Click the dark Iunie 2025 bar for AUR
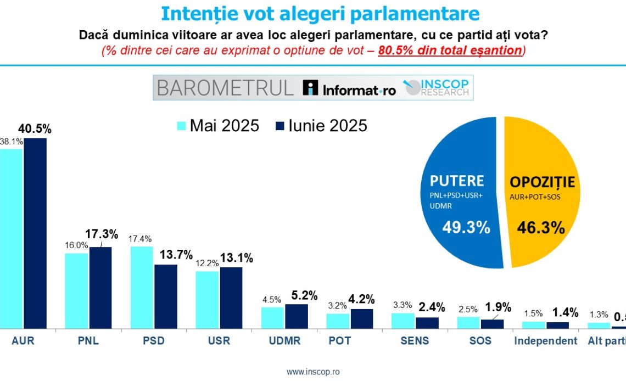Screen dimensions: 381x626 point(35,233)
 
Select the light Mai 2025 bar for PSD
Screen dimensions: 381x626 point(142,288)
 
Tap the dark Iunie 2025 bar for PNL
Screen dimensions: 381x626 point(100,288)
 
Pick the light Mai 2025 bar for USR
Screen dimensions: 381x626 point(207,300)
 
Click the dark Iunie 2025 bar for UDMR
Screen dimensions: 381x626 point(296,316)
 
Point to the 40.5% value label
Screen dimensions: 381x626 point(35,129)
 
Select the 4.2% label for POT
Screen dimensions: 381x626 point(362,299)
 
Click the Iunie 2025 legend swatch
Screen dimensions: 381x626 point(279,126)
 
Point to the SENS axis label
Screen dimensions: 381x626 point(414,341)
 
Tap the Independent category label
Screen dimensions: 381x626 point(545,341)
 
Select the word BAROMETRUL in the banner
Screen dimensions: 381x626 point(226,88)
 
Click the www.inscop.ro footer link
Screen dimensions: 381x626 point(313,372)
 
